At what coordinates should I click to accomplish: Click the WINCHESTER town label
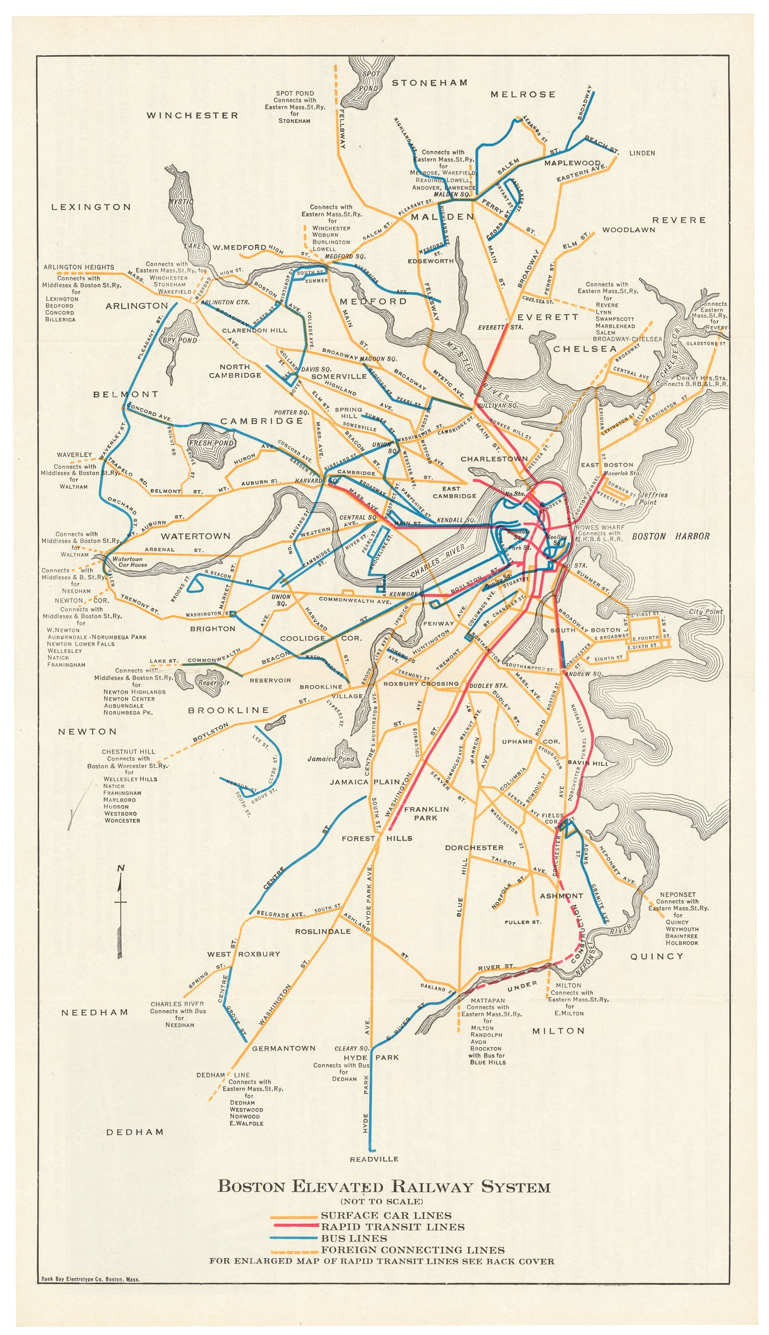click(192, 115)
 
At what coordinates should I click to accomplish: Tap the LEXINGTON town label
click(91, 207)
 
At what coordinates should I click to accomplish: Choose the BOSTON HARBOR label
click(671, 536)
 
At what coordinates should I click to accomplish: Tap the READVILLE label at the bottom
click(374, 1159)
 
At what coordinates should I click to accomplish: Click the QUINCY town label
click(656, 956)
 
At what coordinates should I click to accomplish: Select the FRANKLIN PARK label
click(426, 813)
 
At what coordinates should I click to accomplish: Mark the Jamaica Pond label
click(330, 759)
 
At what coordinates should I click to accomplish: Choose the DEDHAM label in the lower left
click(135, 1132)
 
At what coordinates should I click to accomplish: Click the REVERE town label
click(679, 220)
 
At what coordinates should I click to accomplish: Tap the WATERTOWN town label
click(196, 536)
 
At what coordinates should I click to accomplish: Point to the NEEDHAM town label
click(95, 1012)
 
